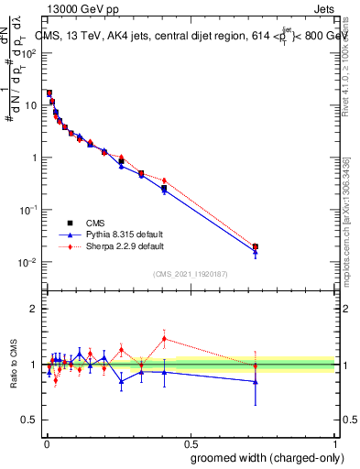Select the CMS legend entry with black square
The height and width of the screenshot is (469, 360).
tap(82, 223)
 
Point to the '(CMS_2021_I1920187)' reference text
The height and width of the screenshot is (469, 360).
tap(190, 272)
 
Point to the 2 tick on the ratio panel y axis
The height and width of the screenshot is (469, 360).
tap(33, 309)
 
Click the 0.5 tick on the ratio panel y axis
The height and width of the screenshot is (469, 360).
tap(29, 420)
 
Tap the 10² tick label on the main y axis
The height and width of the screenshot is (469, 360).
tap(29, 52)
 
